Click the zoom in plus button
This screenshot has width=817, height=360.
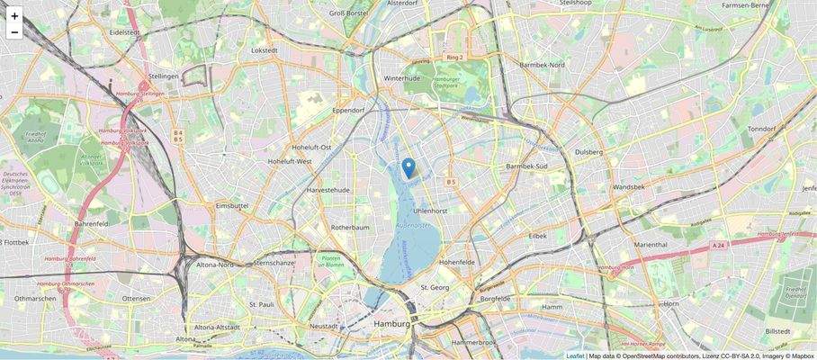14,15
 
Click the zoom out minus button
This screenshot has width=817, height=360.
14,32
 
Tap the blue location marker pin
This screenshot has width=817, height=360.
408,167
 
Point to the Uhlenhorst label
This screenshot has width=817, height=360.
430,211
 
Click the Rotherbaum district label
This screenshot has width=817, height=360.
351,228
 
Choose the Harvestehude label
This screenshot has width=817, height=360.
328,191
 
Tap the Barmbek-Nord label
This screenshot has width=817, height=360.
542,65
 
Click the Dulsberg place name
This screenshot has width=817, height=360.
588,152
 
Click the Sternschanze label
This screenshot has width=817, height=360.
274,263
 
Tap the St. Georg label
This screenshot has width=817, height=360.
435,287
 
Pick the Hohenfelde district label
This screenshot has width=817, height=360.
456,262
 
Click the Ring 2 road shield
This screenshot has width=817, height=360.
454,58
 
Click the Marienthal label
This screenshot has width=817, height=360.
651,244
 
